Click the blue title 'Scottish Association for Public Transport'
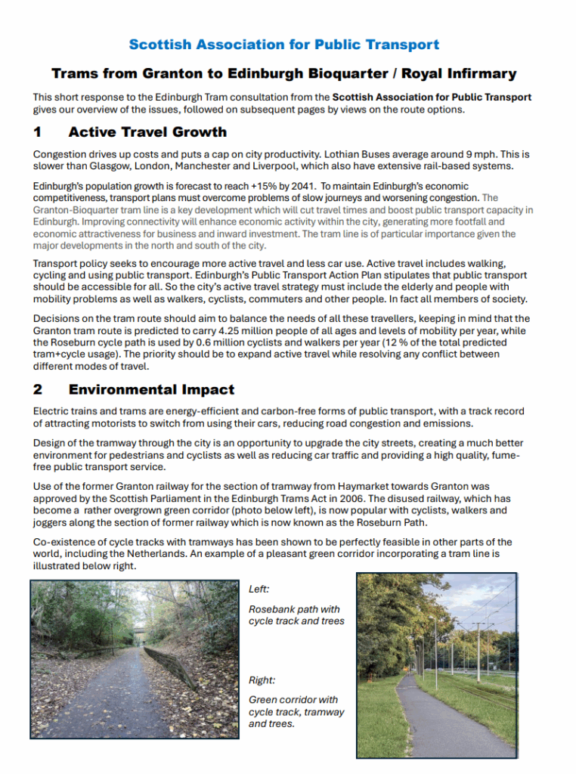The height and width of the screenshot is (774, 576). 283,45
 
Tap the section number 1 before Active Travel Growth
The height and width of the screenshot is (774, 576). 37,132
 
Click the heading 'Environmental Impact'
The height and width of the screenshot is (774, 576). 151,390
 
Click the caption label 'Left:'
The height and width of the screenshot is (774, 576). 259,589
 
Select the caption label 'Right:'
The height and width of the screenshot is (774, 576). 262,680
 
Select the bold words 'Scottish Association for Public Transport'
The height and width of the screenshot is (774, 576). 432,97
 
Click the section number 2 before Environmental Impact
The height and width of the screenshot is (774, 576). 37,390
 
